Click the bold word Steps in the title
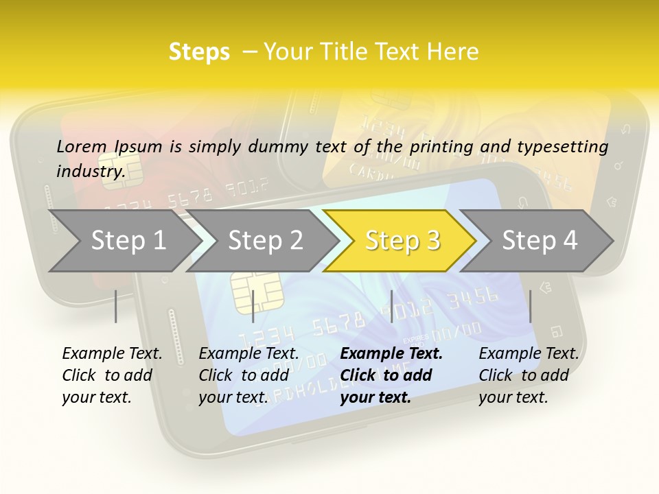tap(199, 51)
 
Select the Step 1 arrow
tap(124, 241)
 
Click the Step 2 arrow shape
tap(264, 241)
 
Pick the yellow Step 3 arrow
tap(402, 241)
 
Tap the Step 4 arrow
tap(539, 241)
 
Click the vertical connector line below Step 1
tap(116, 306)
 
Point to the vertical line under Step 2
tap(253, 306)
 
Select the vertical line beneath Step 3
tap(391, 306)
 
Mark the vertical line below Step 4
tap(530, 306)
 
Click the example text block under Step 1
tap(112, 375)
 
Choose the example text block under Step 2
tap(248, 375)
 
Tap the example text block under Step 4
tap(529, 375)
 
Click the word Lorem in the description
tap(82, 146)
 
